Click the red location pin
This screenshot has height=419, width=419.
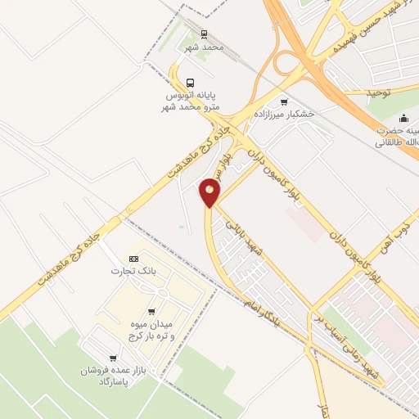(x=210, y=192)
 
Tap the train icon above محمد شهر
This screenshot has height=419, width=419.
(x=205, y=34)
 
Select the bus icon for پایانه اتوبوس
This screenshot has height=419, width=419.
(x=191, y=83)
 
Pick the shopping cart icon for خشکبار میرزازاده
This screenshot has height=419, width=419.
(x=284, y=102)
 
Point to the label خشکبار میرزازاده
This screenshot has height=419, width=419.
(x=284, y=115)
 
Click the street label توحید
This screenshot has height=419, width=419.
(x=380, y=93)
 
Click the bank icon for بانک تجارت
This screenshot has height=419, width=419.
(x=134, y=259)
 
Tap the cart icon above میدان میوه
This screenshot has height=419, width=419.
(x=151, y=312)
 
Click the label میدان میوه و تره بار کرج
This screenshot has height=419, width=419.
(x=151, y=329)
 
